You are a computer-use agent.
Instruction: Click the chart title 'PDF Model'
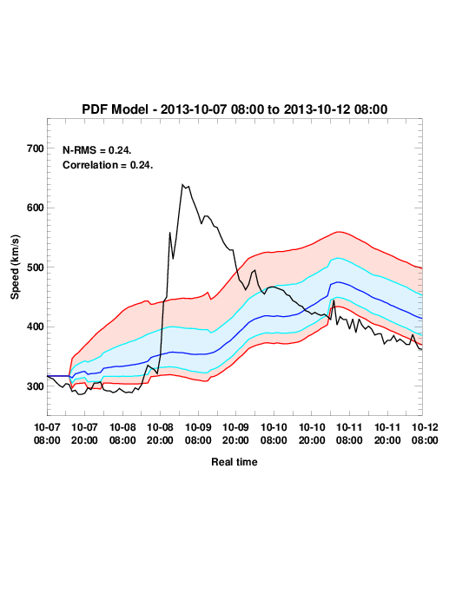[x=115, y=109]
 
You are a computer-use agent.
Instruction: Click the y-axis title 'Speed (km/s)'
[x=15, y=267]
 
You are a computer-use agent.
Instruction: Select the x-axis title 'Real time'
[x=234, y=462]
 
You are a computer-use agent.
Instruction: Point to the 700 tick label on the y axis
[x=36, y=148]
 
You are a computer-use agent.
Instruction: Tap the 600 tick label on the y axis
[x=36, y=208]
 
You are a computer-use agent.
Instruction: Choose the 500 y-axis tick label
[x=36, y=267]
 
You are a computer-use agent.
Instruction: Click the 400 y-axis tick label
[x=36, y=327]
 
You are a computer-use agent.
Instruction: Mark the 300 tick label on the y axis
[x=36, y=386]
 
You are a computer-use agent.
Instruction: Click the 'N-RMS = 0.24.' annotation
[x=97, y=150]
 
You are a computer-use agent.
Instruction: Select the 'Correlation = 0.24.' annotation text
[x=108, y=165]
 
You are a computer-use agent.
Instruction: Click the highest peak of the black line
[x=182, y=184]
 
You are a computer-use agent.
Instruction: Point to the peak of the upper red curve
[x=339, y=232]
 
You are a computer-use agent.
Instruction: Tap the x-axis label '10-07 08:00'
[x=47, y=433]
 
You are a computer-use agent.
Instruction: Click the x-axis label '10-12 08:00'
[x=425, y=433]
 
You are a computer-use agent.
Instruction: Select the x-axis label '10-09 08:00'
[x=198, y=433]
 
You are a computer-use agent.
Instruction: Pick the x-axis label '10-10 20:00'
[x=312, y=433]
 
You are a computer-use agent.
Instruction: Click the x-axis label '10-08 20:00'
[x=160, y=433]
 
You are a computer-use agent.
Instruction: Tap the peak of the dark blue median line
[x=338, y=282]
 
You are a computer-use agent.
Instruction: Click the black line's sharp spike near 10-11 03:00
[x=334, y=300]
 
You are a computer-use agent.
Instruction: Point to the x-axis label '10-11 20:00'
[x=387, y=433]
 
